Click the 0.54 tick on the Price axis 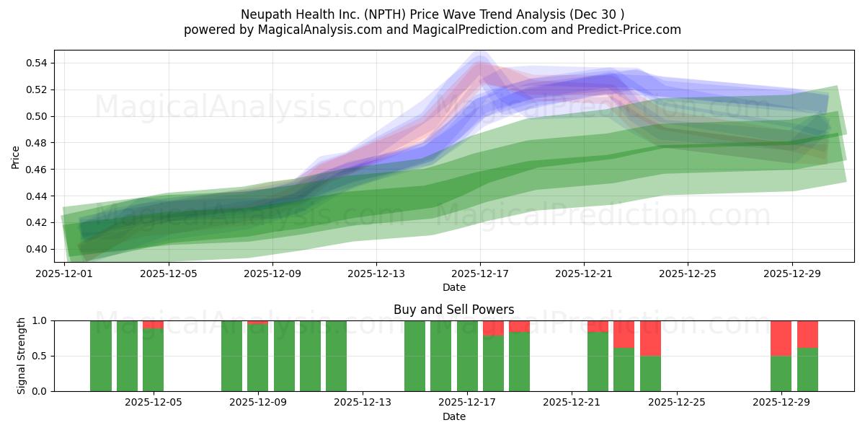[37, 64]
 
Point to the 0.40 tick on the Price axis [37, 249]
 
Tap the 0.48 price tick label [37, 143]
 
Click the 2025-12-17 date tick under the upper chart [480, 274]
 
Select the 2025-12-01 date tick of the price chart [65, 274]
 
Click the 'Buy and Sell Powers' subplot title [453, 310]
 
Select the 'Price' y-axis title [16, 157]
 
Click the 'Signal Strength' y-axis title [22, 355]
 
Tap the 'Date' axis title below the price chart [453, 287]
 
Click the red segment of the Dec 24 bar [650, 338]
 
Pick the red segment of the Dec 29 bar [781, 338]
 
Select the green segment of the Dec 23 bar [624, 369]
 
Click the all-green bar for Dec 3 [101, 356]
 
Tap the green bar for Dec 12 [336, 356]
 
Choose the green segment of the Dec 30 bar [807, 369]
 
